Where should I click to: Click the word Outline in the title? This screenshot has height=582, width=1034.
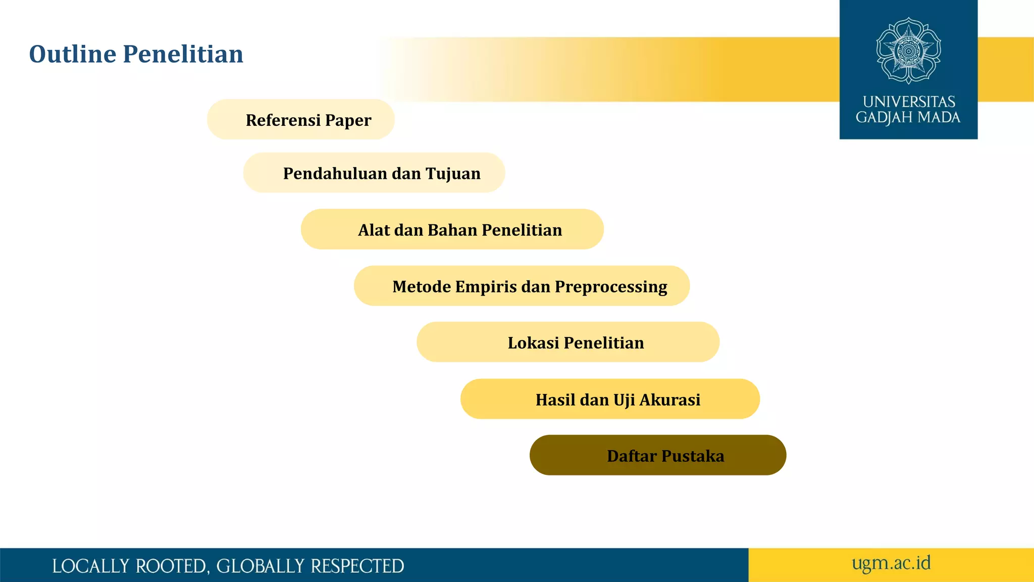pos(73,54)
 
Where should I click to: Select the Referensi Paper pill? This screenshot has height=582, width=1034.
pos(301,120)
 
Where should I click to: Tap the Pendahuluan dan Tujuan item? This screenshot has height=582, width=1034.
pos(374,173)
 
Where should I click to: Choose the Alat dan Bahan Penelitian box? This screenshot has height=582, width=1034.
pos(452,229)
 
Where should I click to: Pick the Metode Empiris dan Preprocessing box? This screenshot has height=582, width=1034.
pos(522,286)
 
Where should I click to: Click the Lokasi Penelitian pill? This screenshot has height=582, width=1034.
pos(568,343)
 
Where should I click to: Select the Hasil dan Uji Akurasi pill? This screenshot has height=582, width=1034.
pos(610,399)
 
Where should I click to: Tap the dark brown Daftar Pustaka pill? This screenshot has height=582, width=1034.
pos(658,455)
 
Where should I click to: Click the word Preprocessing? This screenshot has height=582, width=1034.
pos(611,287)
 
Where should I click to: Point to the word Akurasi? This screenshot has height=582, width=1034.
pos(669,400)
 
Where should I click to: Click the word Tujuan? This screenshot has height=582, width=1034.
pos(453,174)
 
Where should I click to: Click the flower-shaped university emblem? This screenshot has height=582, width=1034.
pos(908,51)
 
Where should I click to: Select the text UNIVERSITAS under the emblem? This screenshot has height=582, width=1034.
pos(908,102)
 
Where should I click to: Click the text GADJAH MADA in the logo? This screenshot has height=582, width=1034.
pos(908,118)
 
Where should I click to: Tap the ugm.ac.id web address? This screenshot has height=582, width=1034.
pos(891,563)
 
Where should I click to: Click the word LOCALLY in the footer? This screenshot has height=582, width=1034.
pos(90,566)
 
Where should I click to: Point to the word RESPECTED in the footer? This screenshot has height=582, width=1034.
pos(357,566)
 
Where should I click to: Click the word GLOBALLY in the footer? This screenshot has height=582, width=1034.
pos(260,566)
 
